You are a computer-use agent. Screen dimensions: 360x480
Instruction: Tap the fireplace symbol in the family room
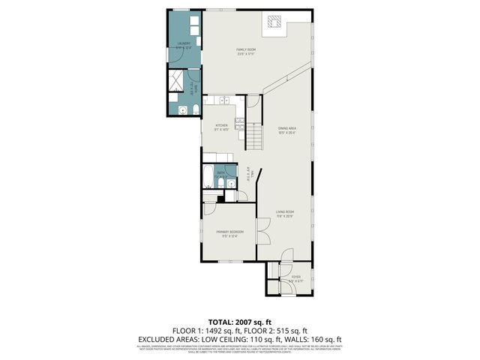point(274,24)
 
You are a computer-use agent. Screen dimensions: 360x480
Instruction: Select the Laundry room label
point(183,44)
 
